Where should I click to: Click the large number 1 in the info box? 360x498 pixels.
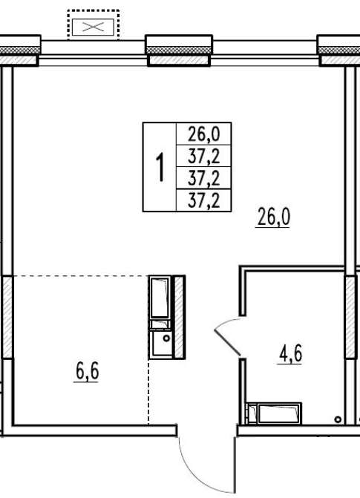(161, 167)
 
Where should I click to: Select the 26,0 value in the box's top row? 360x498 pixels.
(203, 134)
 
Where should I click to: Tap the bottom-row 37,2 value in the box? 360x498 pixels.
(203, 200)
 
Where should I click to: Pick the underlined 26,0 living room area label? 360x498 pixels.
(273, 217)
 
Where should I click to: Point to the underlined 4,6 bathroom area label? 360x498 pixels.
(289, 354)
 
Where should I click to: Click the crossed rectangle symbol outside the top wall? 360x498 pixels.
(93, 27)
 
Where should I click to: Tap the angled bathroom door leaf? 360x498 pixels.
(227, 342)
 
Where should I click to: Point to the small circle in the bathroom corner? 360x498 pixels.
(338, 419)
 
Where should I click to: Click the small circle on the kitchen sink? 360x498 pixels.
(166, 338)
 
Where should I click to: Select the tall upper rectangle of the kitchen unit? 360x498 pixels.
(160, 298)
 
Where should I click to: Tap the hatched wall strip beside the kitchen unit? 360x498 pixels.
(179, 317)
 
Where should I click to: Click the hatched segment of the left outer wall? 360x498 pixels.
(7, 317)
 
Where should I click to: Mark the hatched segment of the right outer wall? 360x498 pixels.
(350, 317)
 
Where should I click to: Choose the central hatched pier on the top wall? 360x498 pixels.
(179, 60)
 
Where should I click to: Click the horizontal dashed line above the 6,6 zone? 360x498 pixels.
(81, 275)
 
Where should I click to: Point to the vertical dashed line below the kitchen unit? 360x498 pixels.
(148, 392)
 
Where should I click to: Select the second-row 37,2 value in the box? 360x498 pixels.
(203, 157)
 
